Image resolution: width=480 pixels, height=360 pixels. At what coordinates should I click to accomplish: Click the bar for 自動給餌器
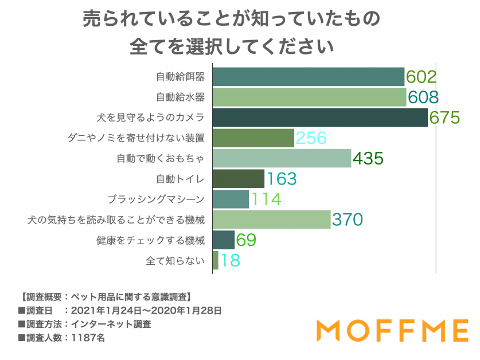point(309,77)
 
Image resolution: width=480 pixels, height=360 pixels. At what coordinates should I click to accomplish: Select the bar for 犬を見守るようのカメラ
point(320,118)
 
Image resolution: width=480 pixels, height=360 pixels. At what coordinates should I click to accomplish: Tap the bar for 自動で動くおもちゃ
point(282,158)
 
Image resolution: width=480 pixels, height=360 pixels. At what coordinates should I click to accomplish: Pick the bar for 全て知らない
point(215,260)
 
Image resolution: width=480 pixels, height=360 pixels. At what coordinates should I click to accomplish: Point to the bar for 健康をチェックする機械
point(223,240)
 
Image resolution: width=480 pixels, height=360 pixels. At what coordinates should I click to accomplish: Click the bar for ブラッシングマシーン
point(231,199)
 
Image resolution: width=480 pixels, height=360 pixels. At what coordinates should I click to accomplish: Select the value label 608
point(423,97)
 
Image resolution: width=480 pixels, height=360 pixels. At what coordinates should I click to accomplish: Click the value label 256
point(311,138)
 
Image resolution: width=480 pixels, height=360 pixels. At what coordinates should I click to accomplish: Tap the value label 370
point(348,220)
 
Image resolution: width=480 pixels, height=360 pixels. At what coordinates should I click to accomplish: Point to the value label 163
point(281,179)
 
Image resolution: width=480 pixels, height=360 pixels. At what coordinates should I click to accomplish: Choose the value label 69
point(245,240)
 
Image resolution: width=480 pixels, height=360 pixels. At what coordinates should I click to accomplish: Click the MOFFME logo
point(392,331)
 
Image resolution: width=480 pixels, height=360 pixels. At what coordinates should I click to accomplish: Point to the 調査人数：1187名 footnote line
point(61,338)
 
